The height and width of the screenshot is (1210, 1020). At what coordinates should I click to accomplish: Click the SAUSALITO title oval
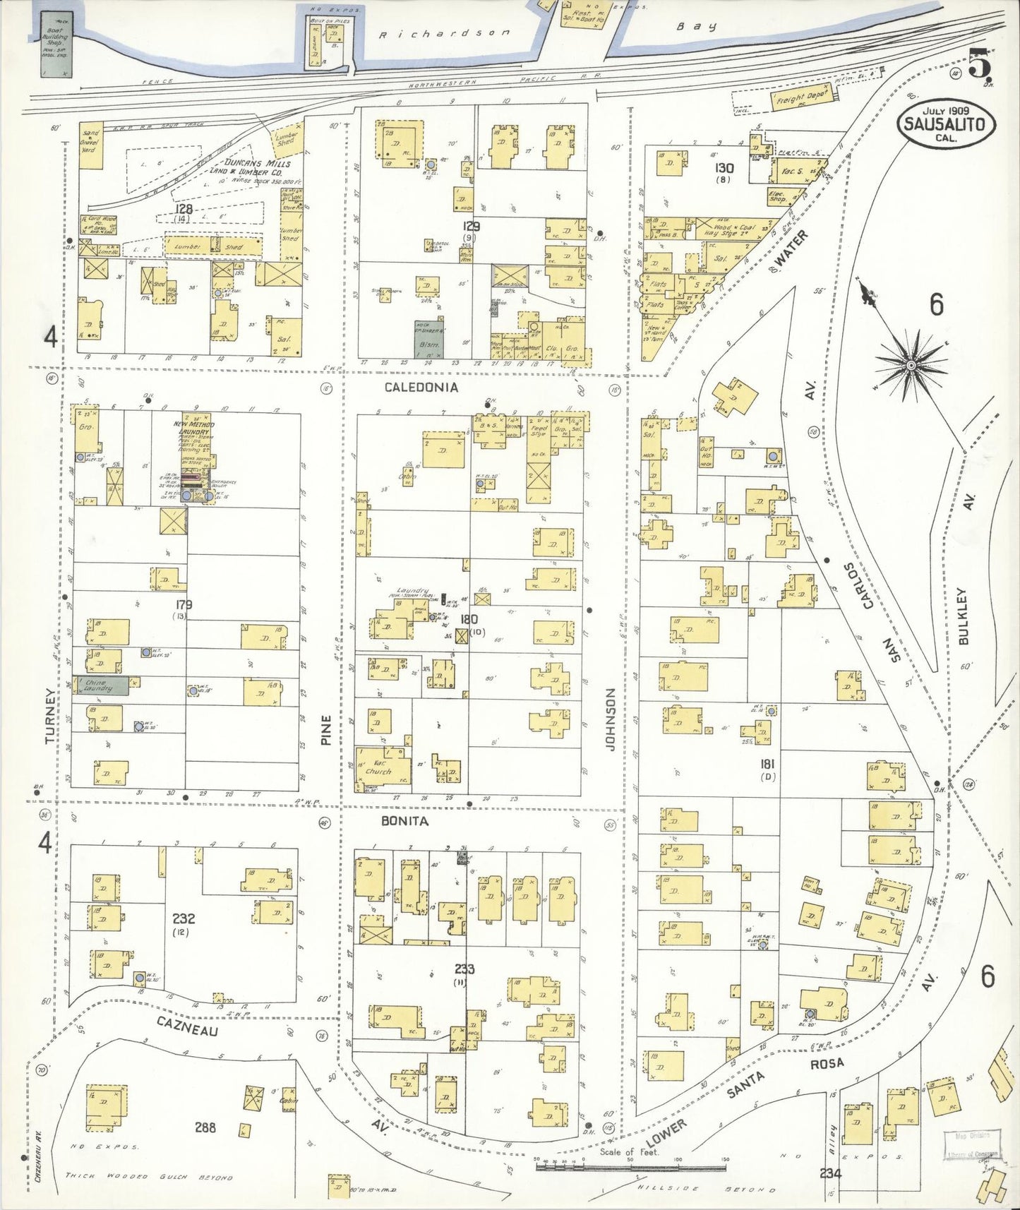coord(945,124)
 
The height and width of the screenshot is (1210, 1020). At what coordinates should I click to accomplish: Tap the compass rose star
coord(911,365)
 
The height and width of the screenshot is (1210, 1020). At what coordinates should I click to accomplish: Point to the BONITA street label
coord(404,821)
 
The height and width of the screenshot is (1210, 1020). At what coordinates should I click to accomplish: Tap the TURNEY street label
coord(49,716)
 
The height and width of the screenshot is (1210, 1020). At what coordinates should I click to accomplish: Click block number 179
coord(184,605)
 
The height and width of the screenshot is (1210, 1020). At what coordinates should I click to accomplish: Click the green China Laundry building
coord(104,685)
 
